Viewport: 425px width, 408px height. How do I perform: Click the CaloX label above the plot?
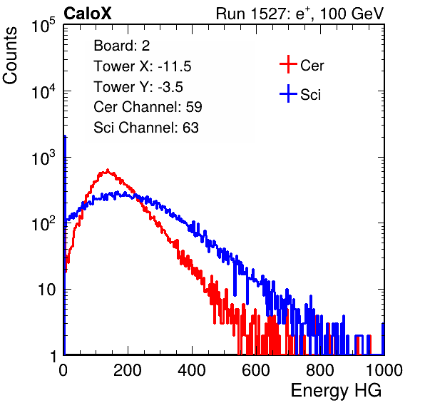point(88,14)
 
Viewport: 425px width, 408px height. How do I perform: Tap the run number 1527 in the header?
point(268,14)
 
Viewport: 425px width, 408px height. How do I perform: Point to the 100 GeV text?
point(352,14)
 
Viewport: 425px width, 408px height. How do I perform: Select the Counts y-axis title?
point(10,56)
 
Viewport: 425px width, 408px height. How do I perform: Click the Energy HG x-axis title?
point(336,391)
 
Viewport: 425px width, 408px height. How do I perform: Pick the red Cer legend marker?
point(288,64)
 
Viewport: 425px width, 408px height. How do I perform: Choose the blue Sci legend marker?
point(288,93)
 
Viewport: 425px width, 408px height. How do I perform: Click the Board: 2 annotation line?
point(121,46)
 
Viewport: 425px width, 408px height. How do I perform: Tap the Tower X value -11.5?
point(175,66)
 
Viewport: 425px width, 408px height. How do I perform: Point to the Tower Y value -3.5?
point(170,87)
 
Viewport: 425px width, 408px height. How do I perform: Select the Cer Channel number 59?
point(194,107)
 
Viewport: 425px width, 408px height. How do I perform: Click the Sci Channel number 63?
point(190,128)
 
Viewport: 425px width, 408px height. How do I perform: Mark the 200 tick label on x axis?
point(128,370)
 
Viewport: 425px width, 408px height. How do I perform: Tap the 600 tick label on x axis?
point(256,370)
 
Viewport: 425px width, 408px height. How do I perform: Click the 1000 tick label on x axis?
point(384,370)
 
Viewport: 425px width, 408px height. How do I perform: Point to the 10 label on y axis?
point(46,290)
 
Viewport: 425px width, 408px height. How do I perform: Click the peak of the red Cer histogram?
point(108,170)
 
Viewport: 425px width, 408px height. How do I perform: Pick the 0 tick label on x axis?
point(63,370)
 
